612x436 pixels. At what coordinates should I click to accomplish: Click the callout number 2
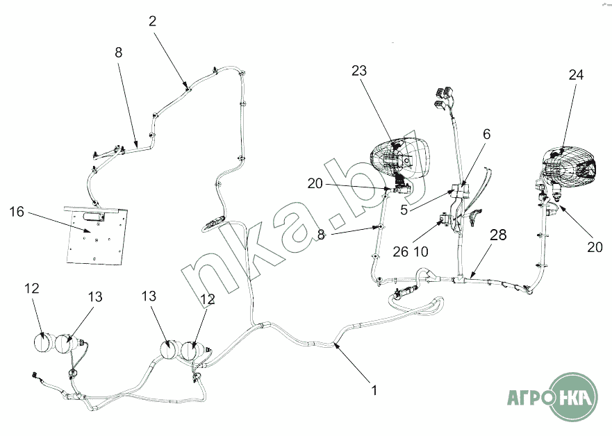click(152, 21)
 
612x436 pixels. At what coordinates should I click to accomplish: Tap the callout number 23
click(358, 71)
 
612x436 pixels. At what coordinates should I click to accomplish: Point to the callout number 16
click(17, 211)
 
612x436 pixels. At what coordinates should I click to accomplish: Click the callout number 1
click(374, 390)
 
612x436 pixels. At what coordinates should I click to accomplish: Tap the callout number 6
click(486, 134)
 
